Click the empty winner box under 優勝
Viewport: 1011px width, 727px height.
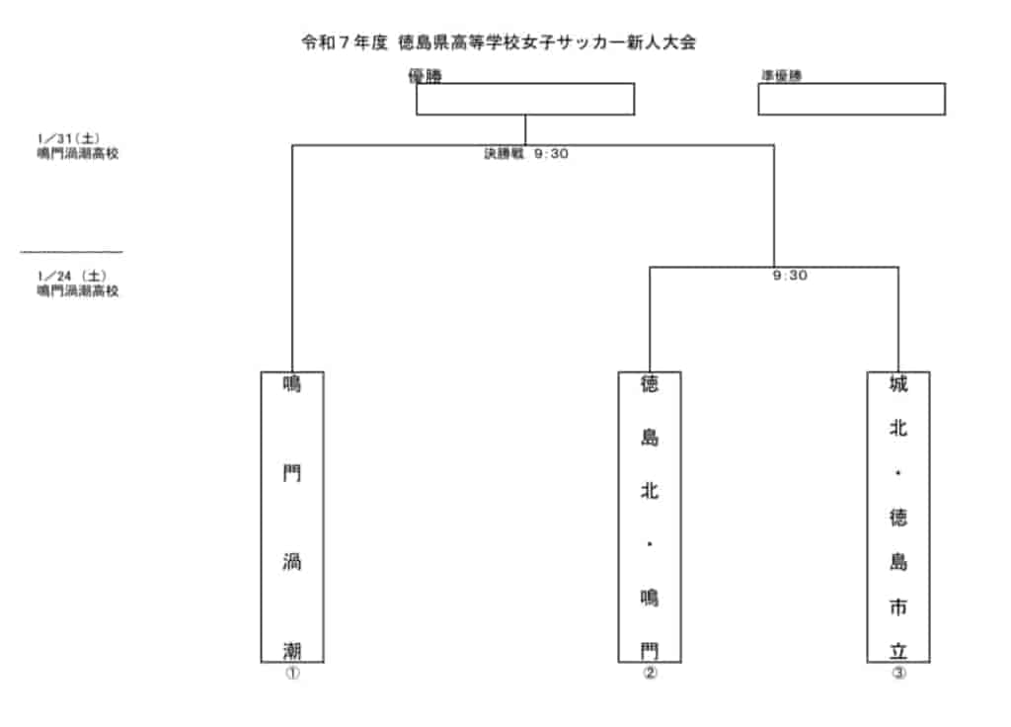524,99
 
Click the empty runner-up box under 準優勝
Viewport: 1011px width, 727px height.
851,99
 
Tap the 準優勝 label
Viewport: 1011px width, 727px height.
780,76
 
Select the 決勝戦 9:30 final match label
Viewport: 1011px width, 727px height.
525,154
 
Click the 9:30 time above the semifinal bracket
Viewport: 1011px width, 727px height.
790,276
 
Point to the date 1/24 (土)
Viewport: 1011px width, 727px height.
71,277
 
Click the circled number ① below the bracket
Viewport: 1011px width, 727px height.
291,674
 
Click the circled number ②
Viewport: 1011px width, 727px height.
649,674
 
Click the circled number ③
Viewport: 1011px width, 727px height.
897,674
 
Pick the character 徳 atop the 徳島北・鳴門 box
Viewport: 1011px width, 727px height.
649,384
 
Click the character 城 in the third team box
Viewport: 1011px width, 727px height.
897,384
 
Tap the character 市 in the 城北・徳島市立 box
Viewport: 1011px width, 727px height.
897,606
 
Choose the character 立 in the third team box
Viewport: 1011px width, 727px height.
897,650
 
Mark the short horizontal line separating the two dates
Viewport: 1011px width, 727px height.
71,252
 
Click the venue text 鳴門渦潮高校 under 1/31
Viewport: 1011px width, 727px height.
78,153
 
